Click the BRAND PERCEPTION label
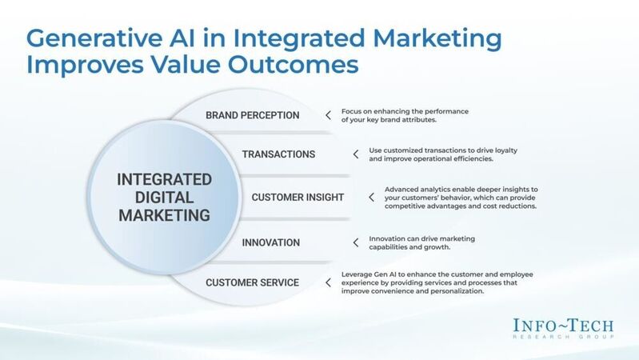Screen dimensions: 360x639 pos(252,115)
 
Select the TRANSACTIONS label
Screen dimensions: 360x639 pos(278,154)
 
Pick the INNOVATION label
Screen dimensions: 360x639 pos(271,242)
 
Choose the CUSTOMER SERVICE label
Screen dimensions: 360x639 pos(252,282)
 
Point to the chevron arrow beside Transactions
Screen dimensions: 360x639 pos(355,154)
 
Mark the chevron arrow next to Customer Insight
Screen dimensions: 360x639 pos(371,198)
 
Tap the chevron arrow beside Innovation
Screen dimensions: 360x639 pos(355,242)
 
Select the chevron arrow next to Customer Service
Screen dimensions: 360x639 pos(328,282)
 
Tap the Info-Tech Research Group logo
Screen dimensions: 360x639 pos(564,328)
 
